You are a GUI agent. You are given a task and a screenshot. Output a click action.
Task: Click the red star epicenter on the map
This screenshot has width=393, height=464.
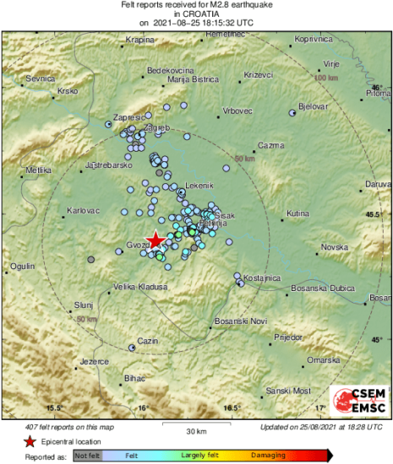click(x=156, y=240)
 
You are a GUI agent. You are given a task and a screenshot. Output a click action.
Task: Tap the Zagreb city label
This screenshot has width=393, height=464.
click(x=158, y=127)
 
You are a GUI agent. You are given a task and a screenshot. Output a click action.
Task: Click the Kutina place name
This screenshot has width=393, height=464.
click(x=298, y=214)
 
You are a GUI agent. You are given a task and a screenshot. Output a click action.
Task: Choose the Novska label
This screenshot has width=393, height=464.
click(x=335, y=247)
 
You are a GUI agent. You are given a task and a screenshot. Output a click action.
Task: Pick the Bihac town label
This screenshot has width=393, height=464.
click(x=135, y=378)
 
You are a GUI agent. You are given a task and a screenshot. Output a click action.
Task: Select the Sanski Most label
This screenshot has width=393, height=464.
click(x=288, y=391)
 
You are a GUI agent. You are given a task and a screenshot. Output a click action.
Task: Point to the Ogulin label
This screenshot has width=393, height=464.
click(x=22, y=266)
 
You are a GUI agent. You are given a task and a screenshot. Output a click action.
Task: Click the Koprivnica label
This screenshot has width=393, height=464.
click(x=314, y=39)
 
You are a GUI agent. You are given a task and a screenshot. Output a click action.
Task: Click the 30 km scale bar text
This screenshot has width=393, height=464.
click(x=196, y=431)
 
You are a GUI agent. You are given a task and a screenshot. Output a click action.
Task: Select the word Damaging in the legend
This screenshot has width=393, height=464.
click(x=266, y=456)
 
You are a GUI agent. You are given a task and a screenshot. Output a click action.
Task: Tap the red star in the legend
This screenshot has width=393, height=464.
click(x=30, y=441)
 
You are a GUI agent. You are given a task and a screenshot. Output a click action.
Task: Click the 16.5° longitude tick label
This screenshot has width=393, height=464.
click(x=232, y=408)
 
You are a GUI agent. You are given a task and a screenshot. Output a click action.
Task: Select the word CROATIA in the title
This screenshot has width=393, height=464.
click(x=196, y=15)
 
